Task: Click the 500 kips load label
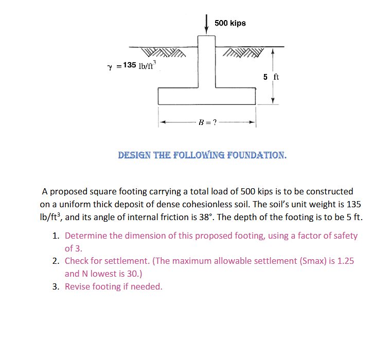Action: (230, 23)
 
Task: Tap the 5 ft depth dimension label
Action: (271, 77)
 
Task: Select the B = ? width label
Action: (207, 122)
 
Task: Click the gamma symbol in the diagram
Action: (110, 66)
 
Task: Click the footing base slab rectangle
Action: (207, 96)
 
